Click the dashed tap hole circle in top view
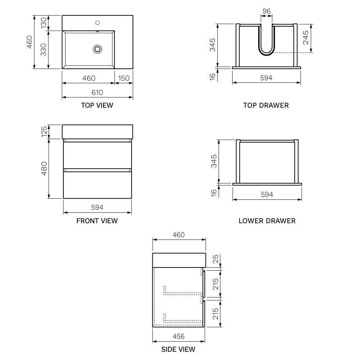(98, 23)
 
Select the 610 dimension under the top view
(97, 93)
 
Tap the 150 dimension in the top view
(124, 78)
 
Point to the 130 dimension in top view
(44, 23)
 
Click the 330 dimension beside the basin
(44, 50)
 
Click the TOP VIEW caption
(97, 105)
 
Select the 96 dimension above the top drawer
(266, 11)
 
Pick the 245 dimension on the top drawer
(306, 37)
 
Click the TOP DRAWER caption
(266, 105)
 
